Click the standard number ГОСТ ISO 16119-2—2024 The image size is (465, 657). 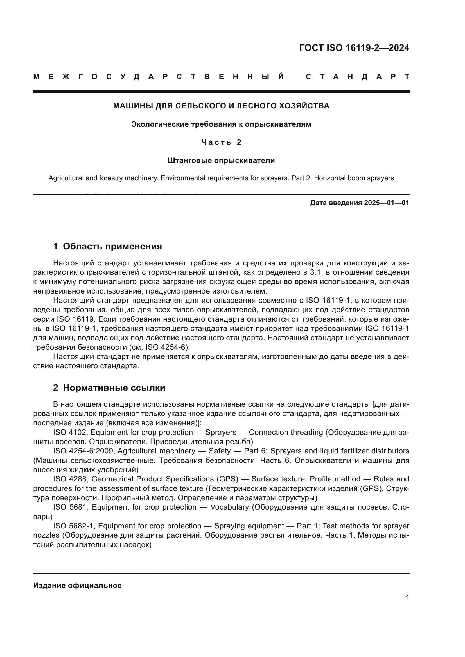(354, 48)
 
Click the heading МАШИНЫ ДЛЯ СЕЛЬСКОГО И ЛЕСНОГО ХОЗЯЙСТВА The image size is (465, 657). (221, 106)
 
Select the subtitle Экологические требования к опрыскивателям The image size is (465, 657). (221, 124)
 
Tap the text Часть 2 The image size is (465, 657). (221, 142)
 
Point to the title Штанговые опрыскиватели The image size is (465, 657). (221, 161)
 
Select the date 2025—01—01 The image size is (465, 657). (387, 203)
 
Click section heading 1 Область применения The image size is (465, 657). (107, 246)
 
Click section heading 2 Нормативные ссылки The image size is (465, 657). (109, 388)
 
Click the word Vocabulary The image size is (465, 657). (229, 507)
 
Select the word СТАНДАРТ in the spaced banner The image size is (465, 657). (357, 77)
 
